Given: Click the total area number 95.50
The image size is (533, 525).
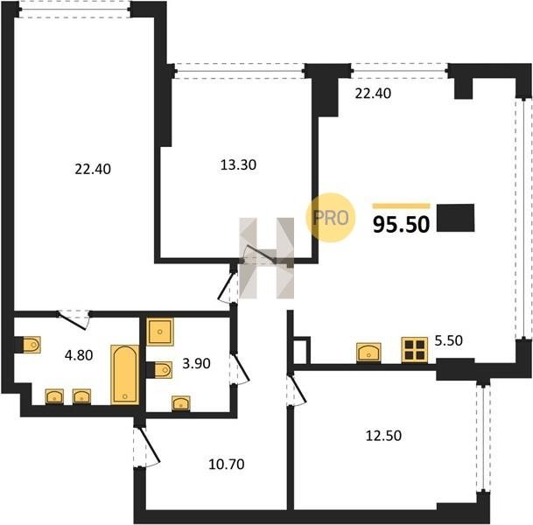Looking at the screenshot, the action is tap(401, 224).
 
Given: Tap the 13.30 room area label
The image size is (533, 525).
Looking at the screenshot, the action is tap(238, 164).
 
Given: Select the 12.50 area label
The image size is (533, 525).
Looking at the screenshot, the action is tap(383, 435).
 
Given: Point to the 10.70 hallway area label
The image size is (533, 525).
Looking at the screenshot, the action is tap(227, 464).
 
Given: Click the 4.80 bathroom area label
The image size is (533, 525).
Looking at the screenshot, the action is tap(79, 355).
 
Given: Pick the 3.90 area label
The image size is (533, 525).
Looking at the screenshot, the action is tap(196, 363).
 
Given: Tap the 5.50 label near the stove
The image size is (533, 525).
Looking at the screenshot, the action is tap(449, 340).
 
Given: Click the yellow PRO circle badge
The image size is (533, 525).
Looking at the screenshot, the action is tap(331, 218).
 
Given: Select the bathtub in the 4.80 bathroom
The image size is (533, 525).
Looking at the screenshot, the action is tap(125, 374).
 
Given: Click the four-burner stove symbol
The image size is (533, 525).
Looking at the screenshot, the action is tap(414, 350).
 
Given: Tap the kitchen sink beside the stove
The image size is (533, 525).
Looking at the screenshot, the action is tap(368, 353).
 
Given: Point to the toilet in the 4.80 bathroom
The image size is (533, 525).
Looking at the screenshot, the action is tap(32, 345).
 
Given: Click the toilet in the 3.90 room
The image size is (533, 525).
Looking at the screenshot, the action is tap(163, 370).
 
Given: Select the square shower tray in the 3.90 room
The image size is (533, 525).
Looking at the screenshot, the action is tap(160, 332).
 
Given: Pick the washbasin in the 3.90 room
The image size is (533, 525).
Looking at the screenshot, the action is tap(181, 403).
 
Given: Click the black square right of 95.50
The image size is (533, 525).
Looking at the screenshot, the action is tap(455, 218).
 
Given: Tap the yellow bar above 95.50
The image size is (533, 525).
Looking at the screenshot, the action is tap(401, 206).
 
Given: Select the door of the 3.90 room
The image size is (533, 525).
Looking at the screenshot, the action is tap(239, 369).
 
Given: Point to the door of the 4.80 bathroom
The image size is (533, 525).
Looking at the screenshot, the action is tap(74, 319).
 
